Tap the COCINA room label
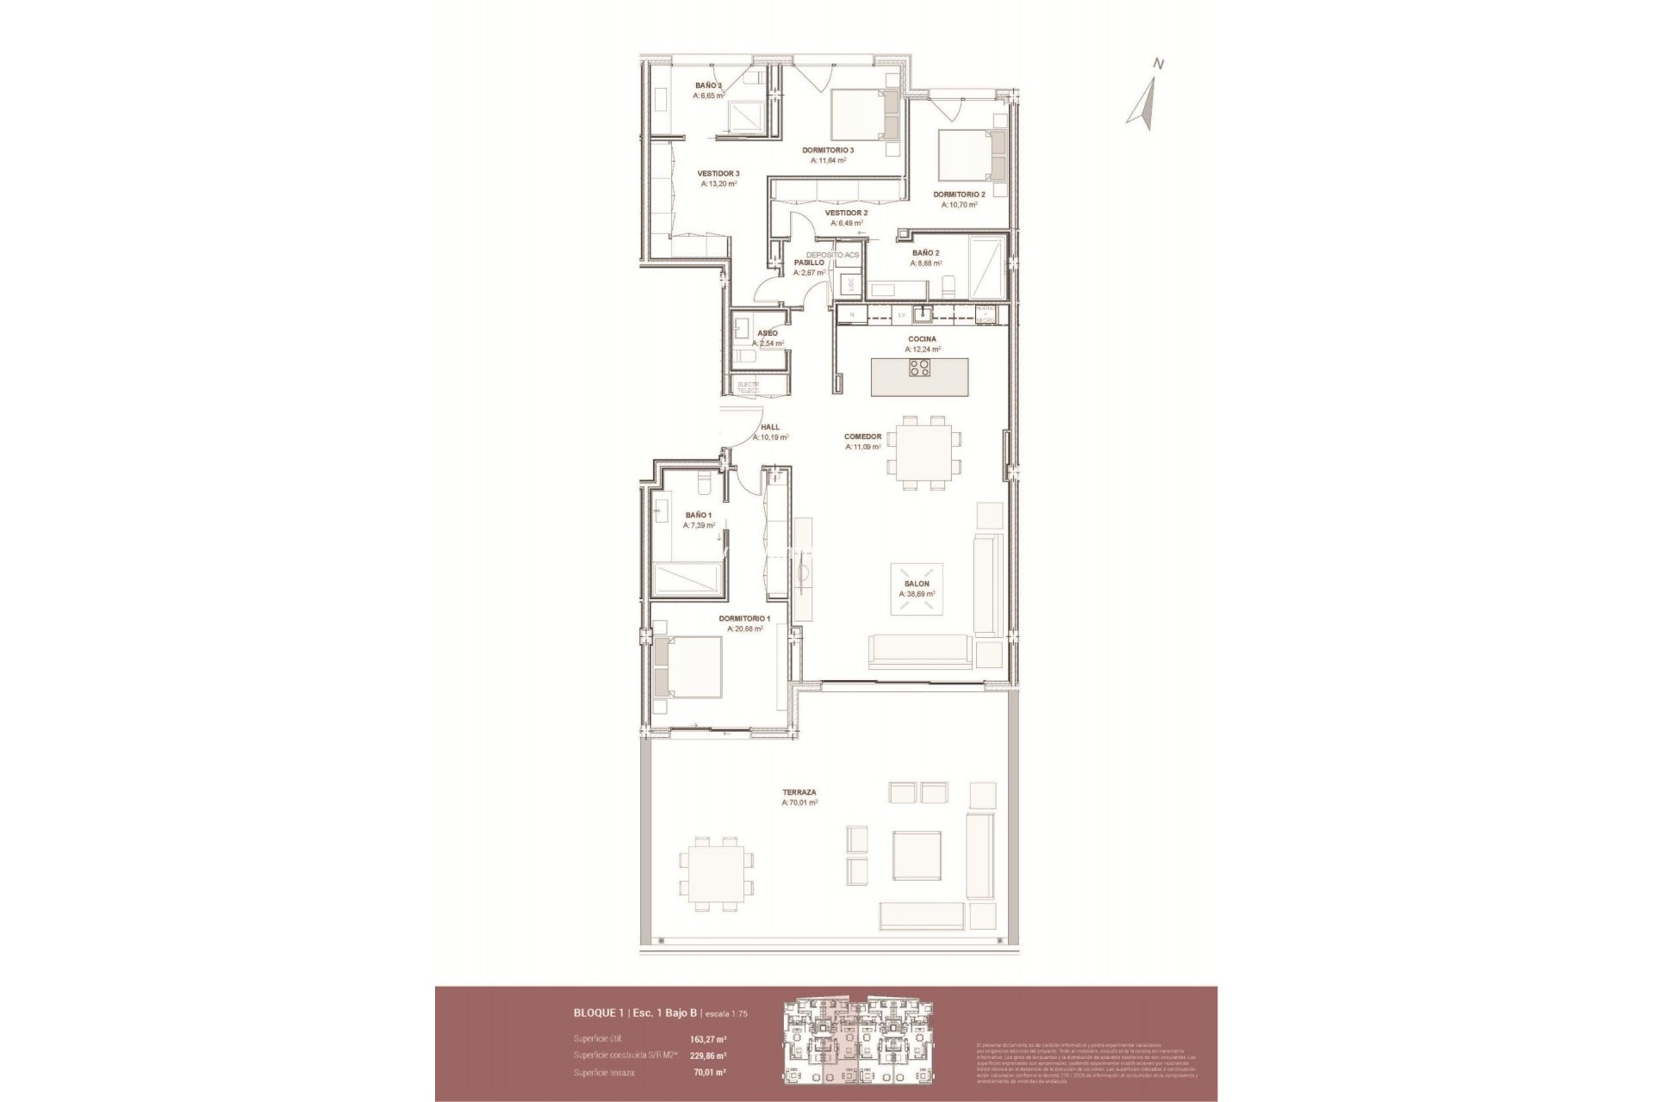[922, 339]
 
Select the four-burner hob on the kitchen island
[920, 368]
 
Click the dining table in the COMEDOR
[923, 453]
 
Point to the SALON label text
[917, 584]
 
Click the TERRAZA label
[799, 792]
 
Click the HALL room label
[770, 427]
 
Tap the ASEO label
[767, 333]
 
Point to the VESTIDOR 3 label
[718, 173]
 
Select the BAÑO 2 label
[926, 253]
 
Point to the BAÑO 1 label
[698, 515]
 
